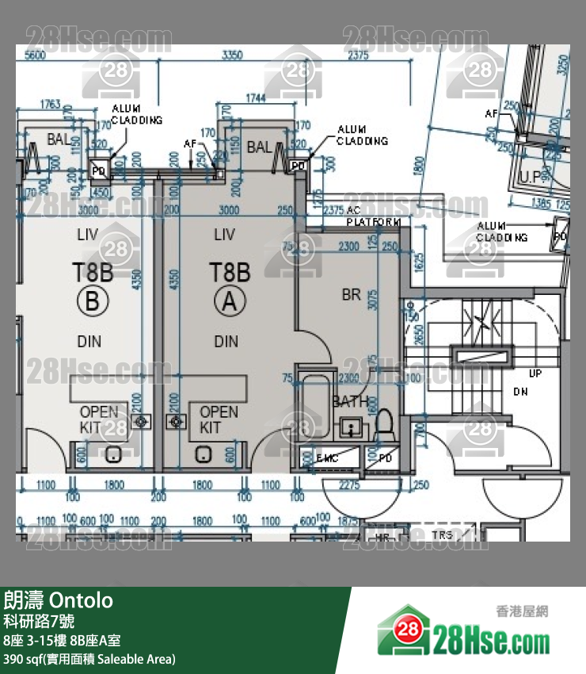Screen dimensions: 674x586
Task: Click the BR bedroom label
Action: (351, 295)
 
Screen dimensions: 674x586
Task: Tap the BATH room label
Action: (349, 402)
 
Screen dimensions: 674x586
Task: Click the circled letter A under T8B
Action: (230, 301)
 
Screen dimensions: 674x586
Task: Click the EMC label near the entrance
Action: (327, 459)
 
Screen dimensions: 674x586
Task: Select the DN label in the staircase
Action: (520, 392)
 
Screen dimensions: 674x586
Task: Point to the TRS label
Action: (443, 536)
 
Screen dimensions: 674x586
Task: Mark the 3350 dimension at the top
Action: (231, 55)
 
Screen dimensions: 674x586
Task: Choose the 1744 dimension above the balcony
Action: (256, 98)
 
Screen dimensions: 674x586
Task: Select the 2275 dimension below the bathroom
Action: (348, 485)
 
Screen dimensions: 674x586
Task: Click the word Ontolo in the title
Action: (82, 600)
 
